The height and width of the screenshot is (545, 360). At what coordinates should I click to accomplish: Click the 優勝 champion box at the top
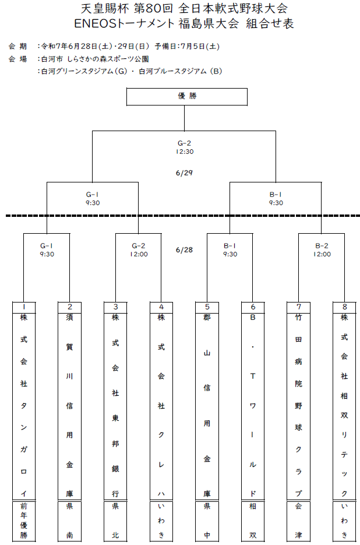point(187,97)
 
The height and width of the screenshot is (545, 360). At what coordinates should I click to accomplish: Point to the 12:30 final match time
point(185,152)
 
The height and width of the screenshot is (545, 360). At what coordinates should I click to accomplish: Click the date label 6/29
point(184,173)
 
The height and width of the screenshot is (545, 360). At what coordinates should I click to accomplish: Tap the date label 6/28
point(184,250)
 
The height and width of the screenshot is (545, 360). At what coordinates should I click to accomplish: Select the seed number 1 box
point(24,307)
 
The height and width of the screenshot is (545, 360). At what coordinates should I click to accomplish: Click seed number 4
point(161,307)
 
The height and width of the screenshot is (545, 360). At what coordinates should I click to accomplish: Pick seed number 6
point(253,307)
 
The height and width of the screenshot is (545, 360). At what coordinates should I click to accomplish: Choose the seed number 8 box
point(344,307)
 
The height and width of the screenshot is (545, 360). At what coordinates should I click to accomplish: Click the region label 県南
point(69,521)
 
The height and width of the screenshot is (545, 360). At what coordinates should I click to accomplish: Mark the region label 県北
point(115,521)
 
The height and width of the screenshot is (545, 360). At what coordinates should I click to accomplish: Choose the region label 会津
point(298,521)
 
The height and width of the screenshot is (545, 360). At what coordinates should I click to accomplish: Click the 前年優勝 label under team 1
point(24,521)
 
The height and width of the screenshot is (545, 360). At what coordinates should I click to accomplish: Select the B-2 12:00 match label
point(322,250)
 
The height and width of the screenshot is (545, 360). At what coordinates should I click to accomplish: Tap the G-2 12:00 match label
point(139,250)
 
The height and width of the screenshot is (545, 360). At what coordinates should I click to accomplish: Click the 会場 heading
point(17,59)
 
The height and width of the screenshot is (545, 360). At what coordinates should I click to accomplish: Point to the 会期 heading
point(17,46)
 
